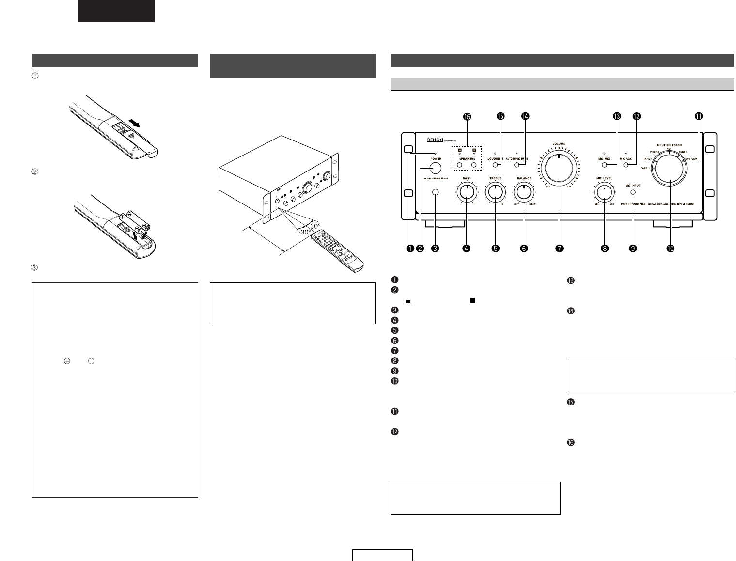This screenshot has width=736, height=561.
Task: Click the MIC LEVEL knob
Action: pyautogui.click(x=604, y=193)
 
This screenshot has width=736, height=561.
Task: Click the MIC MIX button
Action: pyautogui.click(x=605, y=165)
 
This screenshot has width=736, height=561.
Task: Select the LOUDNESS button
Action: pyautogui.click(x=495, y=165)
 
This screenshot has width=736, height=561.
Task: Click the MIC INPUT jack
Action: pyautogui.click(x=633, y=192)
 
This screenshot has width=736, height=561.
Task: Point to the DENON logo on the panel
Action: pyautogui.click(x=437, y=140)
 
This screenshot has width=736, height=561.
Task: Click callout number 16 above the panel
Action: pyautogui.click(x=467, y=116)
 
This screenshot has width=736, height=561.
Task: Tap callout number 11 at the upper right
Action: pyautogui.click(x=698, y=116)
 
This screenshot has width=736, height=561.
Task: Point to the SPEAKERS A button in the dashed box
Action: pyautogui.click(x=460, y=165)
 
